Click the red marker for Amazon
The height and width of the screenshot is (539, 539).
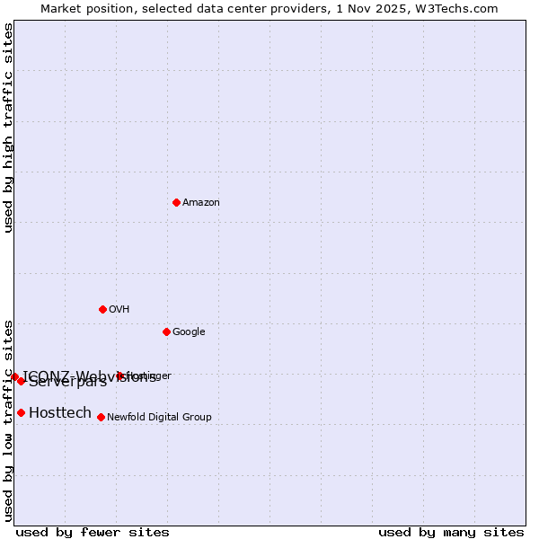pyautogui.click(x=176, y=202)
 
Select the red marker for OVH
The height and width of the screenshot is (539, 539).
pyautogui.click(x=102, y=309)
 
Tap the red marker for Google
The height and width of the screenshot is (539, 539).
pyautogui.click(x=166, y=331)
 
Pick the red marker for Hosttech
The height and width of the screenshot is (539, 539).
pyautogui.click(x=21, y=412)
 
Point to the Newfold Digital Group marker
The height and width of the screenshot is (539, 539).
pyautogui.click(x=101, y=417)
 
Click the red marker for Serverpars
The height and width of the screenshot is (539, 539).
pyautogui.click(x=21, y=381)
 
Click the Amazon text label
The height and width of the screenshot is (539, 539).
pyautogui.click(x=201, y=203)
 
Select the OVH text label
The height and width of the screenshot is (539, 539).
pyautogui.click(x=119, y=310)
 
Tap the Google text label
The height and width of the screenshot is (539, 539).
pyautogui.click(x=189, y=332)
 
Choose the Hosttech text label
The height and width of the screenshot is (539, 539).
pyautogui.click(x=60, y=413)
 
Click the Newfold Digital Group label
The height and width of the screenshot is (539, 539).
pyautogui.click(x=159, y=418)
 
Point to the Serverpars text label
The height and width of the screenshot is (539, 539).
pyautogui.click(x=67, y=383)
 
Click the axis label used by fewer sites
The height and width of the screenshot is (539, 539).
pyautogui.click(x=93, y=532)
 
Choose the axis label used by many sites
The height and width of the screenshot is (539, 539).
pyautogui.click(x=451, y=532)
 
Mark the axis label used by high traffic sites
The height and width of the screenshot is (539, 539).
pyautogui.click(x=8, y=128)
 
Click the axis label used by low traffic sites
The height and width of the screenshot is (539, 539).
pyautogui.click(x=8, y=420)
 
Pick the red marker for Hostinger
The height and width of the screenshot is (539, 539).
pyautogui.click(x=119, y=376)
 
